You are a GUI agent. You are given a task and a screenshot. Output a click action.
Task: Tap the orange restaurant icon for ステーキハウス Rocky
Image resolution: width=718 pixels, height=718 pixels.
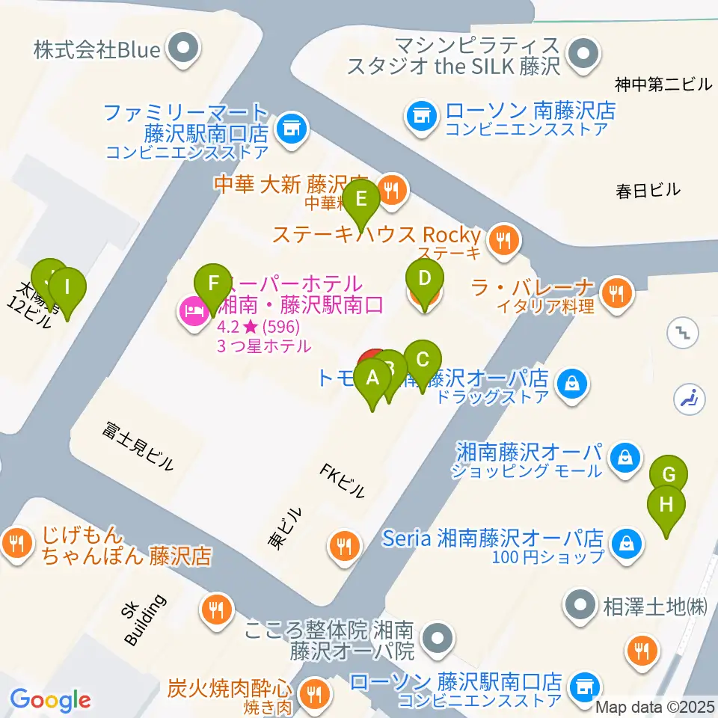pos(504,240)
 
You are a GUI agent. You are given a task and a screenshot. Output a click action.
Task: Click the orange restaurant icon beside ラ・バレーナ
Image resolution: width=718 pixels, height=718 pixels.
pos(616,292)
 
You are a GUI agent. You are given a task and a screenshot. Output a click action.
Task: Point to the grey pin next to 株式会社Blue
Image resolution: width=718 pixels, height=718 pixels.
pos(182,50)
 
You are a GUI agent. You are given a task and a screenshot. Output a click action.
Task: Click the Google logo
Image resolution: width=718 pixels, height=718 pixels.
pos(50,699)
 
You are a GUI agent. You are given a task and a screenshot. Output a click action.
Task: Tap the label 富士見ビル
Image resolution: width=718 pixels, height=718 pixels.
pos(139,446)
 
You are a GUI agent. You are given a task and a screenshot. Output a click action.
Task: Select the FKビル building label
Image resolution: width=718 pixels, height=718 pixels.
pos(343,481)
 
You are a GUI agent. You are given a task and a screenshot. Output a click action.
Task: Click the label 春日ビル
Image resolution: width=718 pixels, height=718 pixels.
pos(648,190)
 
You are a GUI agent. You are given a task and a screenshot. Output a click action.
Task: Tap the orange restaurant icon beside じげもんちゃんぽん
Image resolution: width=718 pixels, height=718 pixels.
pos(16,541)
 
